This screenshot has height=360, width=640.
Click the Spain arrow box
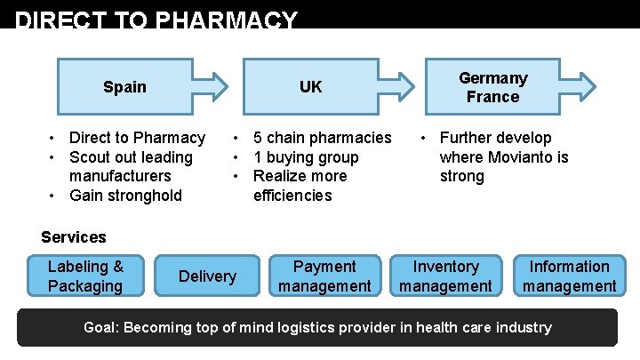[x=125, y=87]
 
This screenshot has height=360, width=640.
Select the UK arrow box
[x=311, y=87]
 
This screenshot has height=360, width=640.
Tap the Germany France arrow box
[x=493, y=87]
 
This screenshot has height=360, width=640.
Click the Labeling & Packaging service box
[x=85, y=276]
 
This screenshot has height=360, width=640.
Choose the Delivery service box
[x=207, y=276]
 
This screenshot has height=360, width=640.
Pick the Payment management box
[x=324, y=276]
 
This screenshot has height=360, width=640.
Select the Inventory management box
[x=445, y=276]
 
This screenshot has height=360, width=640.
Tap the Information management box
[x=569, y=276]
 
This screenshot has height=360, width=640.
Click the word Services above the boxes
[x=74, y=237]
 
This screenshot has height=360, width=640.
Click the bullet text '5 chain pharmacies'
[x=322, y=138]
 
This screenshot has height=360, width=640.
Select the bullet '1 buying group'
[x=306, y=157]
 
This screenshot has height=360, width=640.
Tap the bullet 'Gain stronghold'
[x=125, y=196]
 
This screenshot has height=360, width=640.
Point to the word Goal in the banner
[x=100, y=327]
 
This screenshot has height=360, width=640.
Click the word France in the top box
[x=492, y=97]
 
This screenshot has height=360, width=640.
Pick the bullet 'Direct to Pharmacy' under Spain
[x=137, y=138]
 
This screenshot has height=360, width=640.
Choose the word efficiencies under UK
[x=292, y=196]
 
